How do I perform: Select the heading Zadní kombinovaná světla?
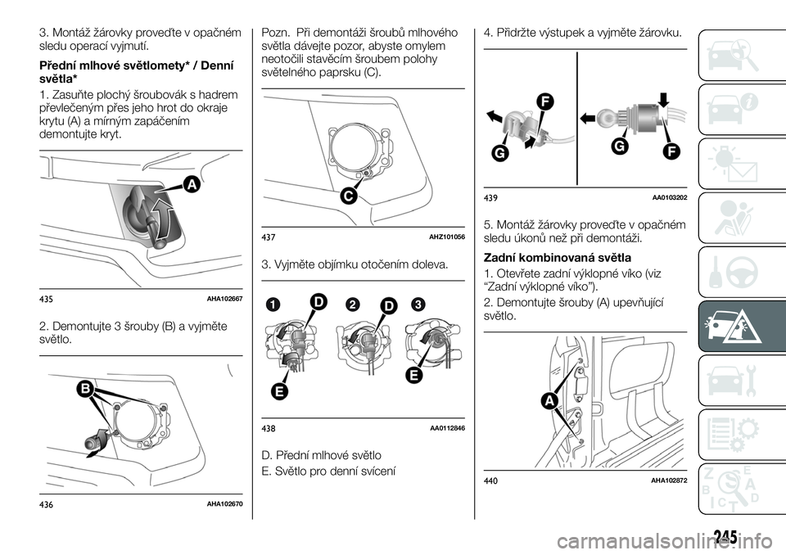tap(557, 257)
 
